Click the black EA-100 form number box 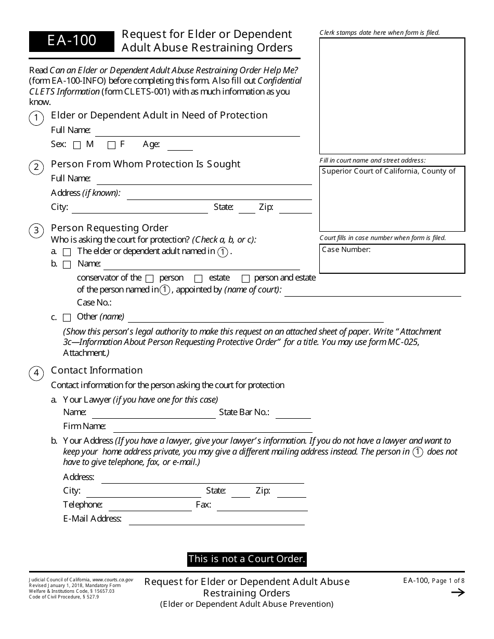(72, 41)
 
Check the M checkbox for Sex (77, 145)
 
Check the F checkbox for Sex (111, 145)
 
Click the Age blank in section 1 (180, 145)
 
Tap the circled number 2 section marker (36, 167)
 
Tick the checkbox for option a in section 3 (67, 252)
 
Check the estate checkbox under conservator (198, 278)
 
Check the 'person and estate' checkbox (246, 278)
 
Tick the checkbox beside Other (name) (67, 317)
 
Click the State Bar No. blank (293, 414)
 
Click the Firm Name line (212, 428)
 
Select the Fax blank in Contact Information (262, 505)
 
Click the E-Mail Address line (216, 520)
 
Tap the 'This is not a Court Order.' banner (247, 560)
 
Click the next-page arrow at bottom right (458, 593)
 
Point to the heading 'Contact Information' (97, 370)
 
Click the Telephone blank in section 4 (150, 505)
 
